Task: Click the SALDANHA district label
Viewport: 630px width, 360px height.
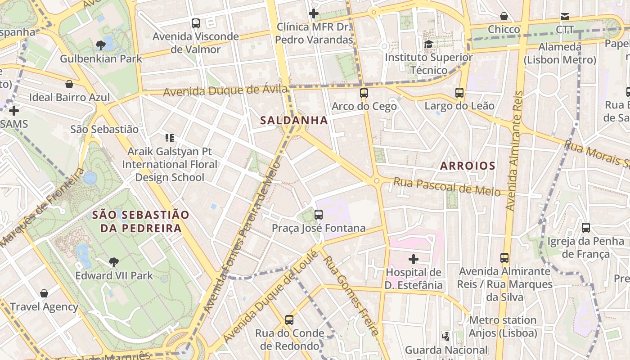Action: tap(294, 120)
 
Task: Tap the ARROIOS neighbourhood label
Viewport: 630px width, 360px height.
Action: tap(468, 166)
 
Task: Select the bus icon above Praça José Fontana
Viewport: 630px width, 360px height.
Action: tap(319, 214)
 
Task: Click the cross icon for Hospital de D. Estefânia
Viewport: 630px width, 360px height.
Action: tap(413, 259)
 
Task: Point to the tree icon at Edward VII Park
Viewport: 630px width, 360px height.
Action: tap(114, 262)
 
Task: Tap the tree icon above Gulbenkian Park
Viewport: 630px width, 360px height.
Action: tap(101, 45)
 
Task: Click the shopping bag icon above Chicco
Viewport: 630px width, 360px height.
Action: tap(504, 16)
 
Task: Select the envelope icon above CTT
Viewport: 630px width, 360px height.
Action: tap(564, 17)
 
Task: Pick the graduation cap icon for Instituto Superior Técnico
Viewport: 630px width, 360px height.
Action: tap(428, 44)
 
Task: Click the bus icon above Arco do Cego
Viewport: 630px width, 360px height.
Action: tap(364, 93)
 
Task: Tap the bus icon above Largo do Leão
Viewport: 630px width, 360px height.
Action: tap(459, 93)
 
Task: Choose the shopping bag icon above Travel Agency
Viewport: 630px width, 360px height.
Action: tap(44, 293)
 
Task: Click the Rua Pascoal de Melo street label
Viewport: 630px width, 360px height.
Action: tap(447, 186)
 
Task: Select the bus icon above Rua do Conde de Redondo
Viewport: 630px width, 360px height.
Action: tap(289, 320)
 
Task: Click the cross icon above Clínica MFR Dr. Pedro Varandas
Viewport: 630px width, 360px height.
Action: tap(314, 13)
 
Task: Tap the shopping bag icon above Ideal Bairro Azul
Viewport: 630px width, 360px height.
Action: tap(69, 84)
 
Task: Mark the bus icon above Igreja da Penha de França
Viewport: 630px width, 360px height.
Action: tap(585, 228)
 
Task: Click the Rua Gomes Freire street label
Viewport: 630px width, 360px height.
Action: tap(351, 296)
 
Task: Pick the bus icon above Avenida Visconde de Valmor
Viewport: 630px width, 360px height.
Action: tap(195, 23)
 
